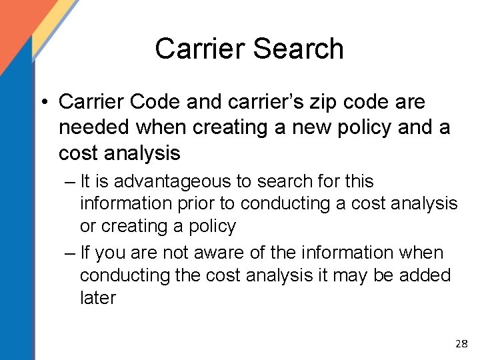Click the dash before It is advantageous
pos(70,181)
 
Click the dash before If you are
pos(70,253)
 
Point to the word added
pos(425,275)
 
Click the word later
pos(97,297)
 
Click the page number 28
pos(460,343)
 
